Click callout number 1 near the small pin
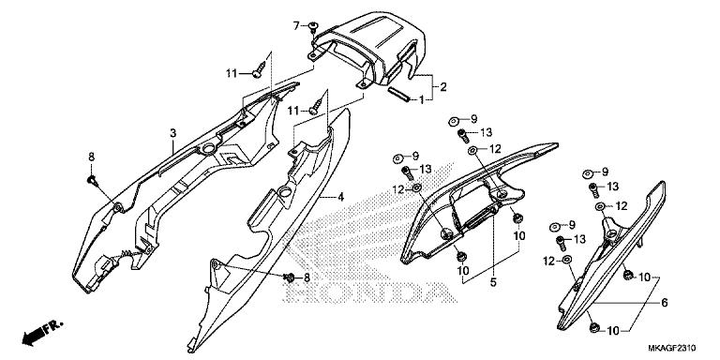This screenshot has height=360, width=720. [x=422, y=98]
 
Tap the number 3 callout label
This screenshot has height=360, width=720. [x=172, y=134]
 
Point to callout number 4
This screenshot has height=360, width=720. [x=341, y=198]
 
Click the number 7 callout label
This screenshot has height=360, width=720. [x=296, y=24]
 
